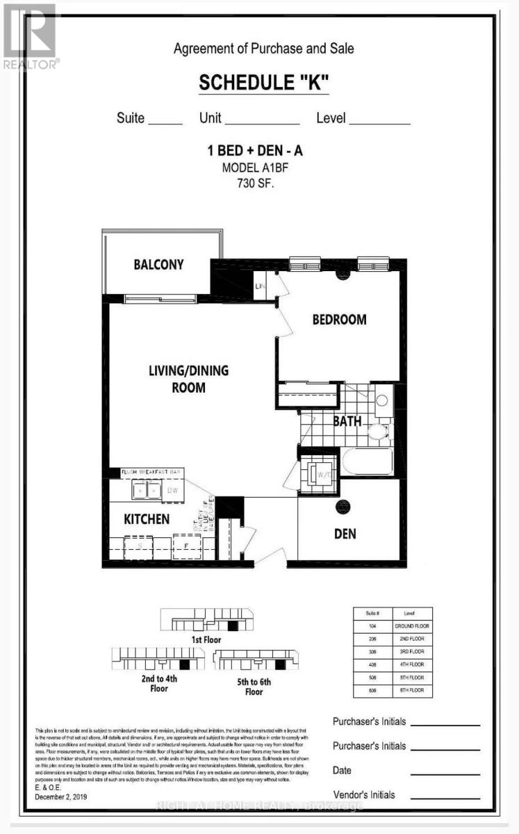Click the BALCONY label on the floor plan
pos(158,265)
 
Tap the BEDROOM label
pos(338,320)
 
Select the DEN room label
pos(345,533)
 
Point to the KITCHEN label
pos(147,519)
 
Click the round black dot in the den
pos(342,507)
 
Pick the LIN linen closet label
pos(261,286)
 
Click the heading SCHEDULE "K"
pos(263,83)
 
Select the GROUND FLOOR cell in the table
pos(413,626)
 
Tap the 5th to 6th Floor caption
pos(254,687)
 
